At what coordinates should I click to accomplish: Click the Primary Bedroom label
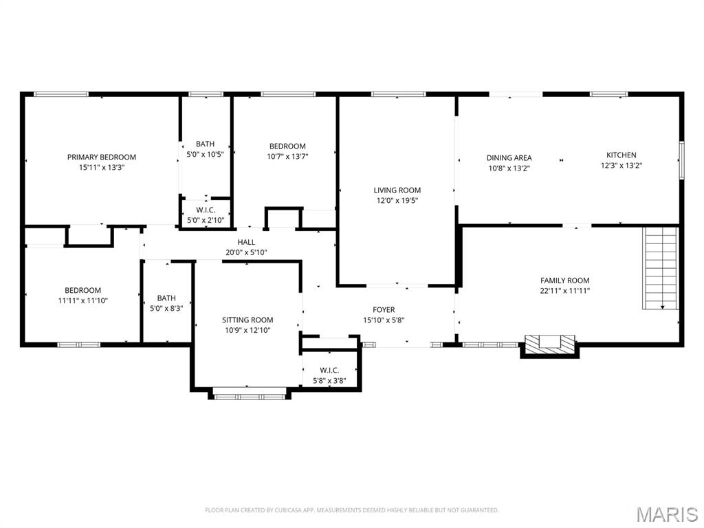pyautogui.click(x=101, y=157)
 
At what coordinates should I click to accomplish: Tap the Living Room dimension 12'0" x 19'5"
pyautogui.click(x=397, y=200)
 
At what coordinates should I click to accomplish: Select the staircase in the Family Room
pyautogui.click(x=661, y=267)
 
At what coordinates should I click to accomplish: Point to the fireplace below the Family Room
pyautogui.click(x=549, y=343)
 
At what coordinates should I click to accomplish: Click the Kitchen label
pyautogui.click(x=621, y=155)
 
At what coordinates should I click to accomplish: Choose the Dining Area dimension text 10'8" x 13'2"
pyautogui.click(x=509, y=168)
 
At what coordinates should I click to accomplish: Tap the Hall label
pyautogui.click(x=246, y=242)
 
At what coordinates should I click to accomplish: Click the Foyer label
pyautogui.click(x=384, y=309)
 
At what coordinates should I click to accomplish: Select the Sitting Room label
pyautogui.click(x=247, y=320)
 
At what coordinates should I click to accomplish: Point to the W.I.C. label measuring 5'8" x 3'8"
pyautogui.click(x=329, y=370)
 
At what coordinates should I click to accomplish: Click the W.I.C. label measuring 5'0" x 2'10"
pyautogui.click(x=205, y=210)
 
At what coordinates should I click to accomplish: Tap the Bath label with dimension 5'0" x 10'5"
pyautogui.click(x=205, y=144)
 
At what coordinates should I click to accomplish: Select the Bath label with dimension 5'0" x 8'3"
pyautogui.click(x=166, y=298)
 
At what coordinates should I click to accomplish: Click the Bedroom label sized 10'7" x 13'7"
pyautogui.click(x=287, y=146)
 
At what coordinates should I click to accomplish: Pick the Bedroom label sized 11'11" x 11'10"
pyautogui.click(x=82, y=290)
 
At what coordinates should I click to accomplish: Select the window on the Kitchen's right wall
pyautogui.click(x=681, y=160)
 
